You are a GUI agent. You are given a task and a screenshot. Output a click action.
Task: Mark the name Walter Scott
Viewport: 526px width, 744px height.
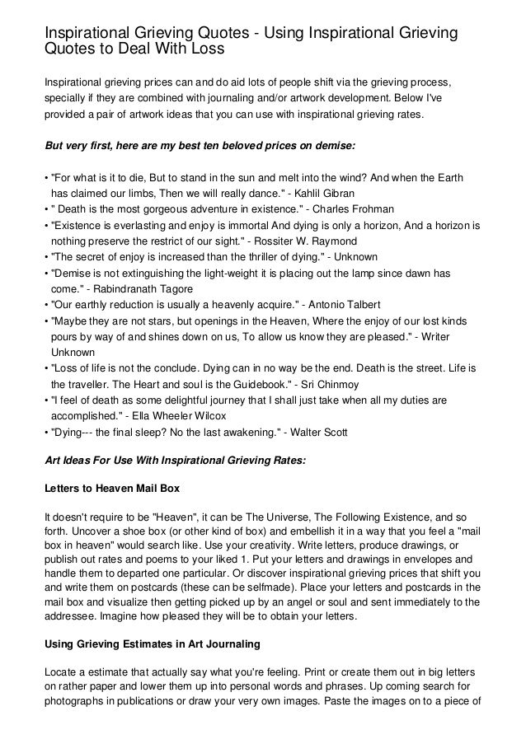[x=318, y=433]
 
